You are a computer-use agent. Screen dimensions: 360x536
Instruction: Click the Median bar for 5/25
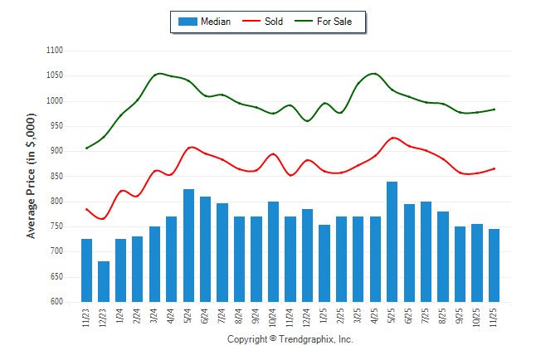click(x=392, y=241)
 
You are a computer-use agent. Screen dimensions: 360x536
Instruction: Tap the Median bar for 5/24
click(x=188, y=246)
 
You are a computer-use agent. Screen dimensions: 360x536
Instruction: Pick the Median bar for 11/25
click(x=494, y=265)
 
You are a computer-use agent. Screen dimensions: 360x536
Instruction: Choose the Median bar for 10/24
click(x=273, y=251)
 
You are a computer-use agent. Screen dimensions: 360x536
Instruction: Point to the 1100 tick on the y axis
click(x=55, y=51)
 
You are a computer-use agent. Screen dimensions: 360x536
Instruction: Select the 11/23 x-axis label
click(x=87, y=317)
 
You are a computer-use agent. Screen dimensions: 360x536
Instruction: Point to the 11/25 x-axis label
click(x=494, y=317)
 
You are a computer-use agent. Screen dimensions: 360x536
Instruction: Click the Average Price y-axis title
click(x=32, y=177)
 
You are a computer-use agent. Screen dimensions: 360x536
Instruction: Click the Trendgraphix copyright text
click(x=290, y=340)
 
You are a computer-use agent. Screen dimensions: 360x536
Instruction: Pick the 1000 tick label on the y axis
click(x=55, y=101)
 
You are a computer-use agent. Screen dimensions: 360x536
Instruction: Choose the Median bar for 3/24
click(x=154, y=264)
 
